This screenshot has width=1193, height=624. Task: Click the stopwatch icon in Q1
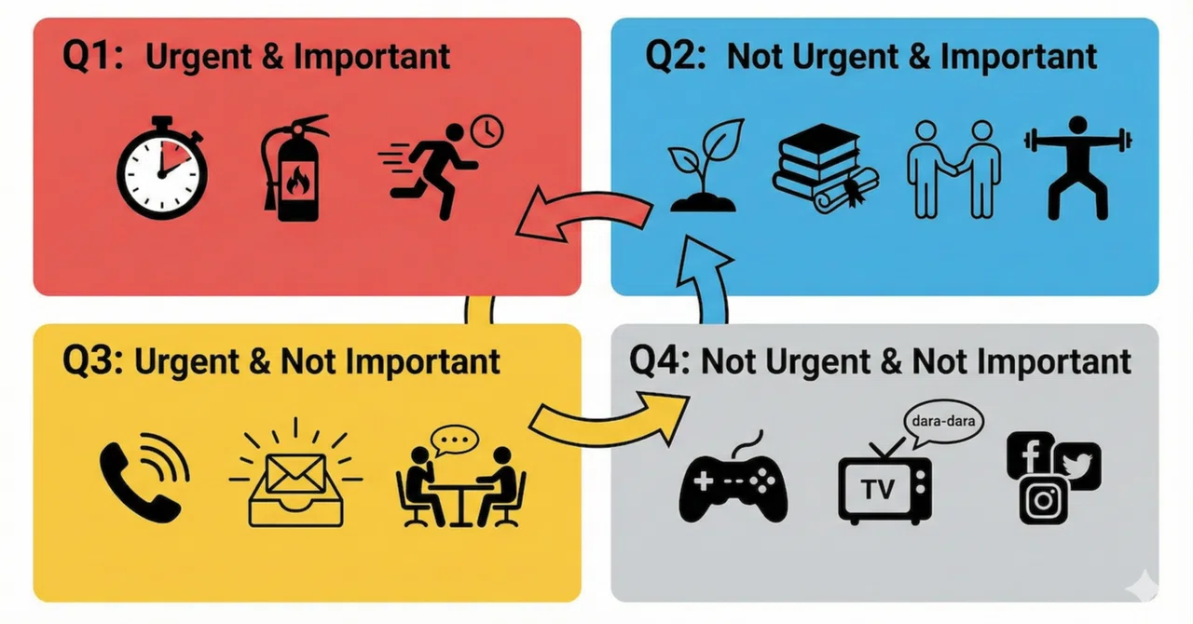point(162,170)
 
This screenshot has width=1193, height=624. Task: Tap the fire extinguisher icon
point(292,170)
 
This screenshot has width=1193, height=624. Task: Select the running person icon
point(431,171)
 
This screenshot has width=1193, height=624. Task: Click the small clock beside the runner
point(487,131)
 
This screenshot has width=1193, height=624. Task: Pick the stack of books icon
point(825,169)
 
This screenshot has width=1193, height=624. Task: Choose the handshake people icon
point(953,170)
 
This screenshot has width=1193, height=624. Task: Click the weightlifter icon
point(1078,169)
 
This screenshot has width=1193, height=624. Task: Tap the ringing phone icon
point(143,478)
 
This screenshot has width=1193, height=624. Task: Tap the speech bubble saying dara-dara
point(942,423)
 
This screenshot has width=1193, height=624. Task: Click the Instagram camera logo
point(1043,500)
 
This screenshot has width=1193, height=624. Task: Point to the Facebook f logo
point(1030,454)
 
